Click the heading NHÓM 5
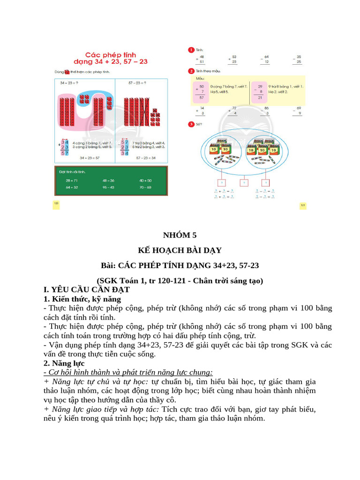180,236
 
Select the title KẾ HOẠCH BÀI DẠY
180,250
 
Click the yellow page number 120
56,203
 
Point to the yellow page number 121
303,205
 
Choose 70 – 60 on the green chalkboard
145,187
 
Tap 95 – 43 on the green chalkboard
108,187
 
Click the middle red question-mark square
244,183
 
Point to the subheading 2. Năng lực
63,363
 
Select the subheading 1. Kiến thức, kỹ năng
82,299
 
